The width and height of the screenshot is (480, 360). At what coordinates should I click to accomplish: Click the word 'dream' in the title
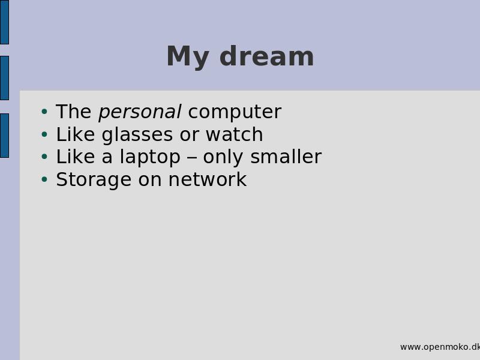pos(266,56)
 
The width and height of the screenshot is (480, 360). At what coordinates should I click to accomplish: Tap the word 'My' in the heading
pos(188,57)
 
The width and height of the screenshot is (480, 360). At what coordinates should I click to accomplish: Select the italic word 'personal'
pos(140,112)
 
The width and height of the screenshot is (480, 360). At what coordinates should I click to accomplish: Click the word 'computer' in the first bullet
pos(235,112)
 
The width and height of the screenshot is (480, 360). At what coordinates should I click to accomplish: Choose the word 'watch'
pos(234,134)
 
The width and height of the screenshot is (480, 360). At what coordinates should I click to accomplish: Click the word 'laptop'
pos(150,157)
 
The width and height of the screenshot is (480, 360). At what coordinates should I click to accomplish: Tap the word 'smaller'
pos(286,157)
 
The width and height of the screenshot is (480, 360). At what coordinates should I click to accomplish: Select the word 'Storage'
pos(94,179)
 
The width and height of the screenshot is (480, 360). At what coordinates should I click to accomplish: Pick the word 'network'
pos(208,179)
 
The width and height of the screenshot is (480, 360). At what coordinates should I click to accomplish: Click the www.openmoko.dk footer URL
pos(440,347)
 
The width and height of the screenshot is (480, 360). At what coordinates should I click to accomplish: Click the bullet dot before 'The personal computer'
pos(44,112)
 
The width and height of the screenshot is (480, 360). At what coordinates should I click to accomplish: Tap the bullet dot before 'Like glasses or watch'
pos(44,134)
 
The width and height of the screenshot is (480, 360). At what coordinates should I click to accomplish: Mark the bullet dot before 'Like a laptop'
pos(44,157)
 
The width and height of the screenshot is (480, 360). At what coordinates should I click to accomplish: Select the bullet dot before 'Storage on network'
pos(44,179)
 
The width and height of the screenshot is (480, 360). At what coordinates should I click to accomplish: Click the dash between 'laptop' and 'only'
pos(191,158)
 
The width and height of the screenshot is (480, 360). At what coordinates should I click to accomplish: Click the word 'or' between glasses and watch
pos(189,136)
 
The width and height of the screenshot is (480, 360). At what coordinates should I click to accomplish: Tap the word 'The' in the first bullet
pos(74,112)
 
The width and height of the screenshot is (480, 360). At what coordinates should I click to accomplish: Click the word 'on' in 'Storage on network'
pos(150,181)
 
